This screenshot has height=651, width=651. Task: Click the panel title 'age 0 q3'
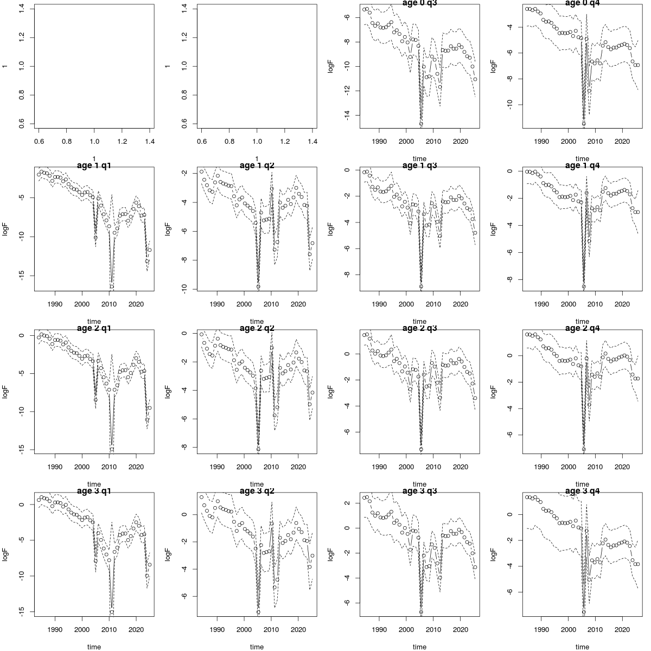(419, 3)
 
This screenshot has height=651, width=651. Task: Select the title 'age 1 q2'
(257, 165)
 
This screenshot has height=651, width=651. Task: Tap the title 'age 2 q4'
(582, 328)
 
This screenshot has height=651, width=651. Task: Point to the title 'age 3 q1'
(94, 491)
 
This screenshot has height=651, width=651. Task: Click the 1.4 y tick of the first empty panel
(21, 8)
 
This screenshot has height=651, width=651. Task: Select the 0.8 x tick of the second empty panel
(229, 141)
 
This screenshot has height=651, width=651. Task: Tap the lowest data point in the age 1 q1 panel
(112, 286)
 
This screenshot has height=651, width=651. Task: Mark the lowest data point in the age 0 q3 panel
(421, 124)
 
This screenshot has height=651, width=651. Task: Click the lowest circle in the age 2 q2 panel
(258, 449)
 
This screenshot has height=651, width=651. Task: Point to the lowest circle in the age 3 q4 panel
(584, 612)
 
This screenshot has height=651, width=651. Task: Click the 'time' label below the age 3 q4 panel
(582, 647)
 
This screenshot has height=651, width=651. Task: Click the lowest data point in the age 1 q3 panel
(421, 286)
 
